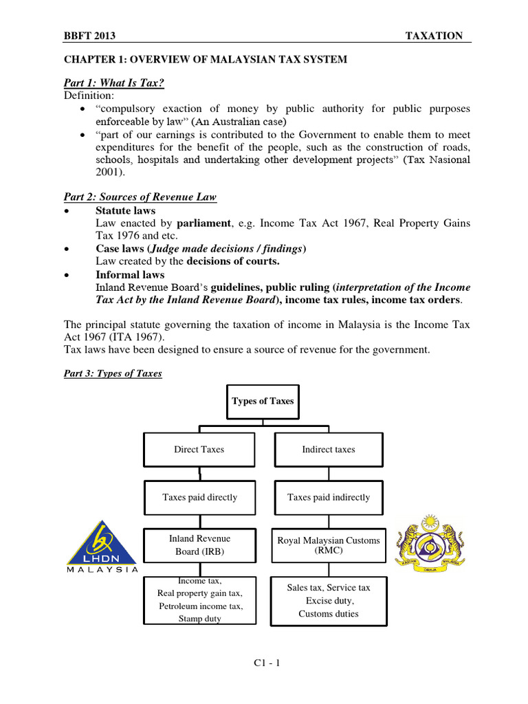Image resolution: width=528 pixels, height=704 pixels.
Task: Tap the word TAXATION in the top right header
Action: pos(434,36)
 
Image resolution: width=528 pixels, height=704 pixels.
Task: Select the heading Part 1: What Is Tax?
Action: pos(114,83)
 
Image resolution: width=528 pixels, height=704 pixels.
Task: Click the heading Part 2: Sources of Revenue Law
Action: pos(140,197)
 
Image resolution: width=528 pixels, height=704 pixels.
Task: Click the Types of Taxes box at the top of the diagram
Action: pos(263,401)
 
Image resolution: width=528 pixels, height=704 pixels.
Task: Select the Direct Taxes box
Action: pos(199,450)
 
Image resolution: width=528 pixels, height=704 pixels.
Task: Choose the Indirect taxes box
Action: pos(329,450)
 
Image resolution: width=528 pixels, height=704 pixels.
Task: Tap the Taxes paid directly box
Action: pos(199,497)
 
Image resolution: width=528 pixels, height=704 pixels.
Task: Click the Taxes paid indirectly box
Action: pos(329,497)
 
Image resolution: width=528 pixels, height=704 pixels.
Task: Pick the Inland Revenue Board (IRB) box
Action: pos(199,544)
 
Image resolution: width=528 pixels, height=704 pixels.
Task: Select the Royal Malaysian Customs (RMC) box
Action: pos(329,544)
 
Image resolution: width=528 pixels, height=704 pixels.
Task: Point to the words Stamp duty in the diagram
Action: pos(199,619)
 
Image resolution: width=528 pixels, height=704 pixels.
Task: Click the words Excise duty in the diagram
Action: pos(329,600)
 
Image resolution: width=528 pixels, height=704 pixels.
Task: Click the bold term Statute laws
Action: pos(125,210)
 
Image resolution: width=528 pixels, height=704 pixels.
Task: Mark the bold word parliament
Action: pos(201,223)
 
